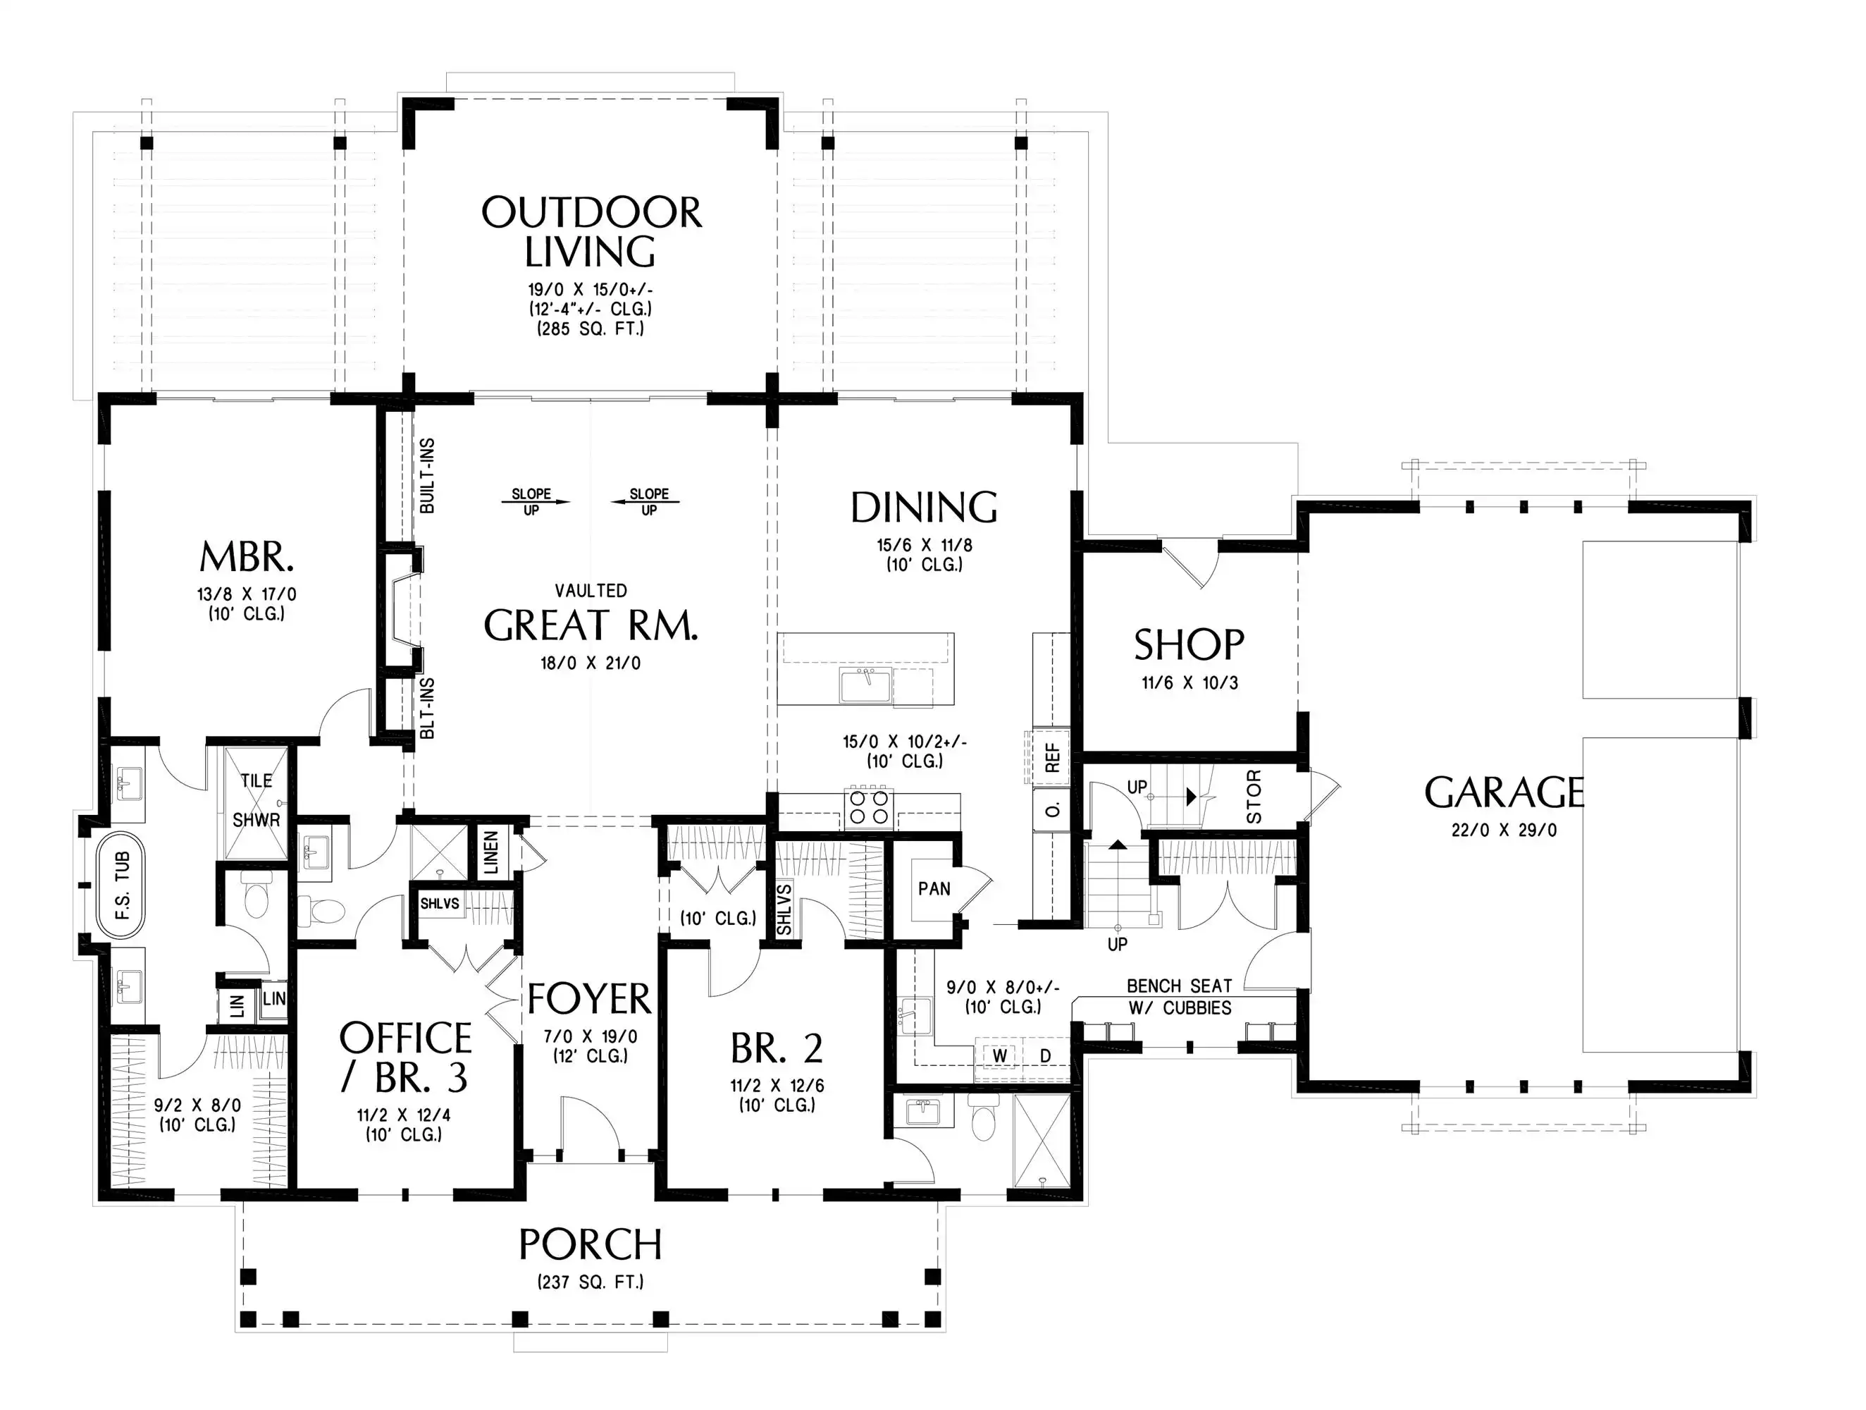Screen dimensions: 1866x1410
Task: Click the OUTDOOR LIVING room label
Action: click(x=591, y=231)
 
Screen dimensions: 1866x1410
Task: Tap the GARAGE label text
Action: click(x=1504, y=792)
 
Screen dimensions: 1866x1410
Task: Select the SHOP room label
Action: click(x=1189, y=644)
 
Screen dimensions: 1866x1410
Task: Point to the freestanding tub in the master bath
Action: click(x=121, y=885)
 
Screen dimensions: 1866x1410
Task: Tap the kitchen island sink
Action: click(x=865, y=686)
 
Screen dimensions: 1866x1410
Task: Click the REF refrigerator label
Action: click(x=1052, y=758)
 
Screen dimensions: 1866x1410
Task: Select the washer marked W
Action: click(x=1000, y=1055)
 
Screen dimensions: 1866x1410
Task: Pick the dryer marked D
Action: click(x=1045, y=1055)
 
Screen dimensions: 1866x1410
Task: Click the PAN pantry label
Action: click(x=934, y=888)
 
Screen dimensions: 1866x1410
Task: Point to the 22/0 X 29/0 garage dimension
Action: click(x=1504, y=830)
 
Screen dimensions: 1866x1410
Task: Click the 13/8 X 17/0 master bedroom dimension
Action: click(x=247, y=594)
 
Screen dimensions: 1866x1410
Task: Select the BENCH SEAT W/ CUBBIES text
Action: click(x=1180, y=997)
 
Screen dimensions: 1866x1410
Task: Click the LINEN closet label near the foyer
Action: click(x=491, y=852)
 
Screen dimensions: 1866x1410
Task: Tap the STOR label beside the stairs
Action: click(x=1254, y=797)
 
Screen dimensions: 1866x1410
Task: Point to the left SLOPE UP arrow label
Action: click(x=531, y=501)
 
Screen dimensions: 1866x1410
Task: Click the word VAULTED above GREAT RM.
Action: click(x=591, y=591)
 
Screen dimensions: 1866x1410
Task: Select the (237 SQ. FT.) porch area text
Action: click(x=591, y=1282)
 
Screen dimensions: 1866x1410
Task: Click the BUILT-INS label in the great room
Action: click(x=427, y=476)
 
